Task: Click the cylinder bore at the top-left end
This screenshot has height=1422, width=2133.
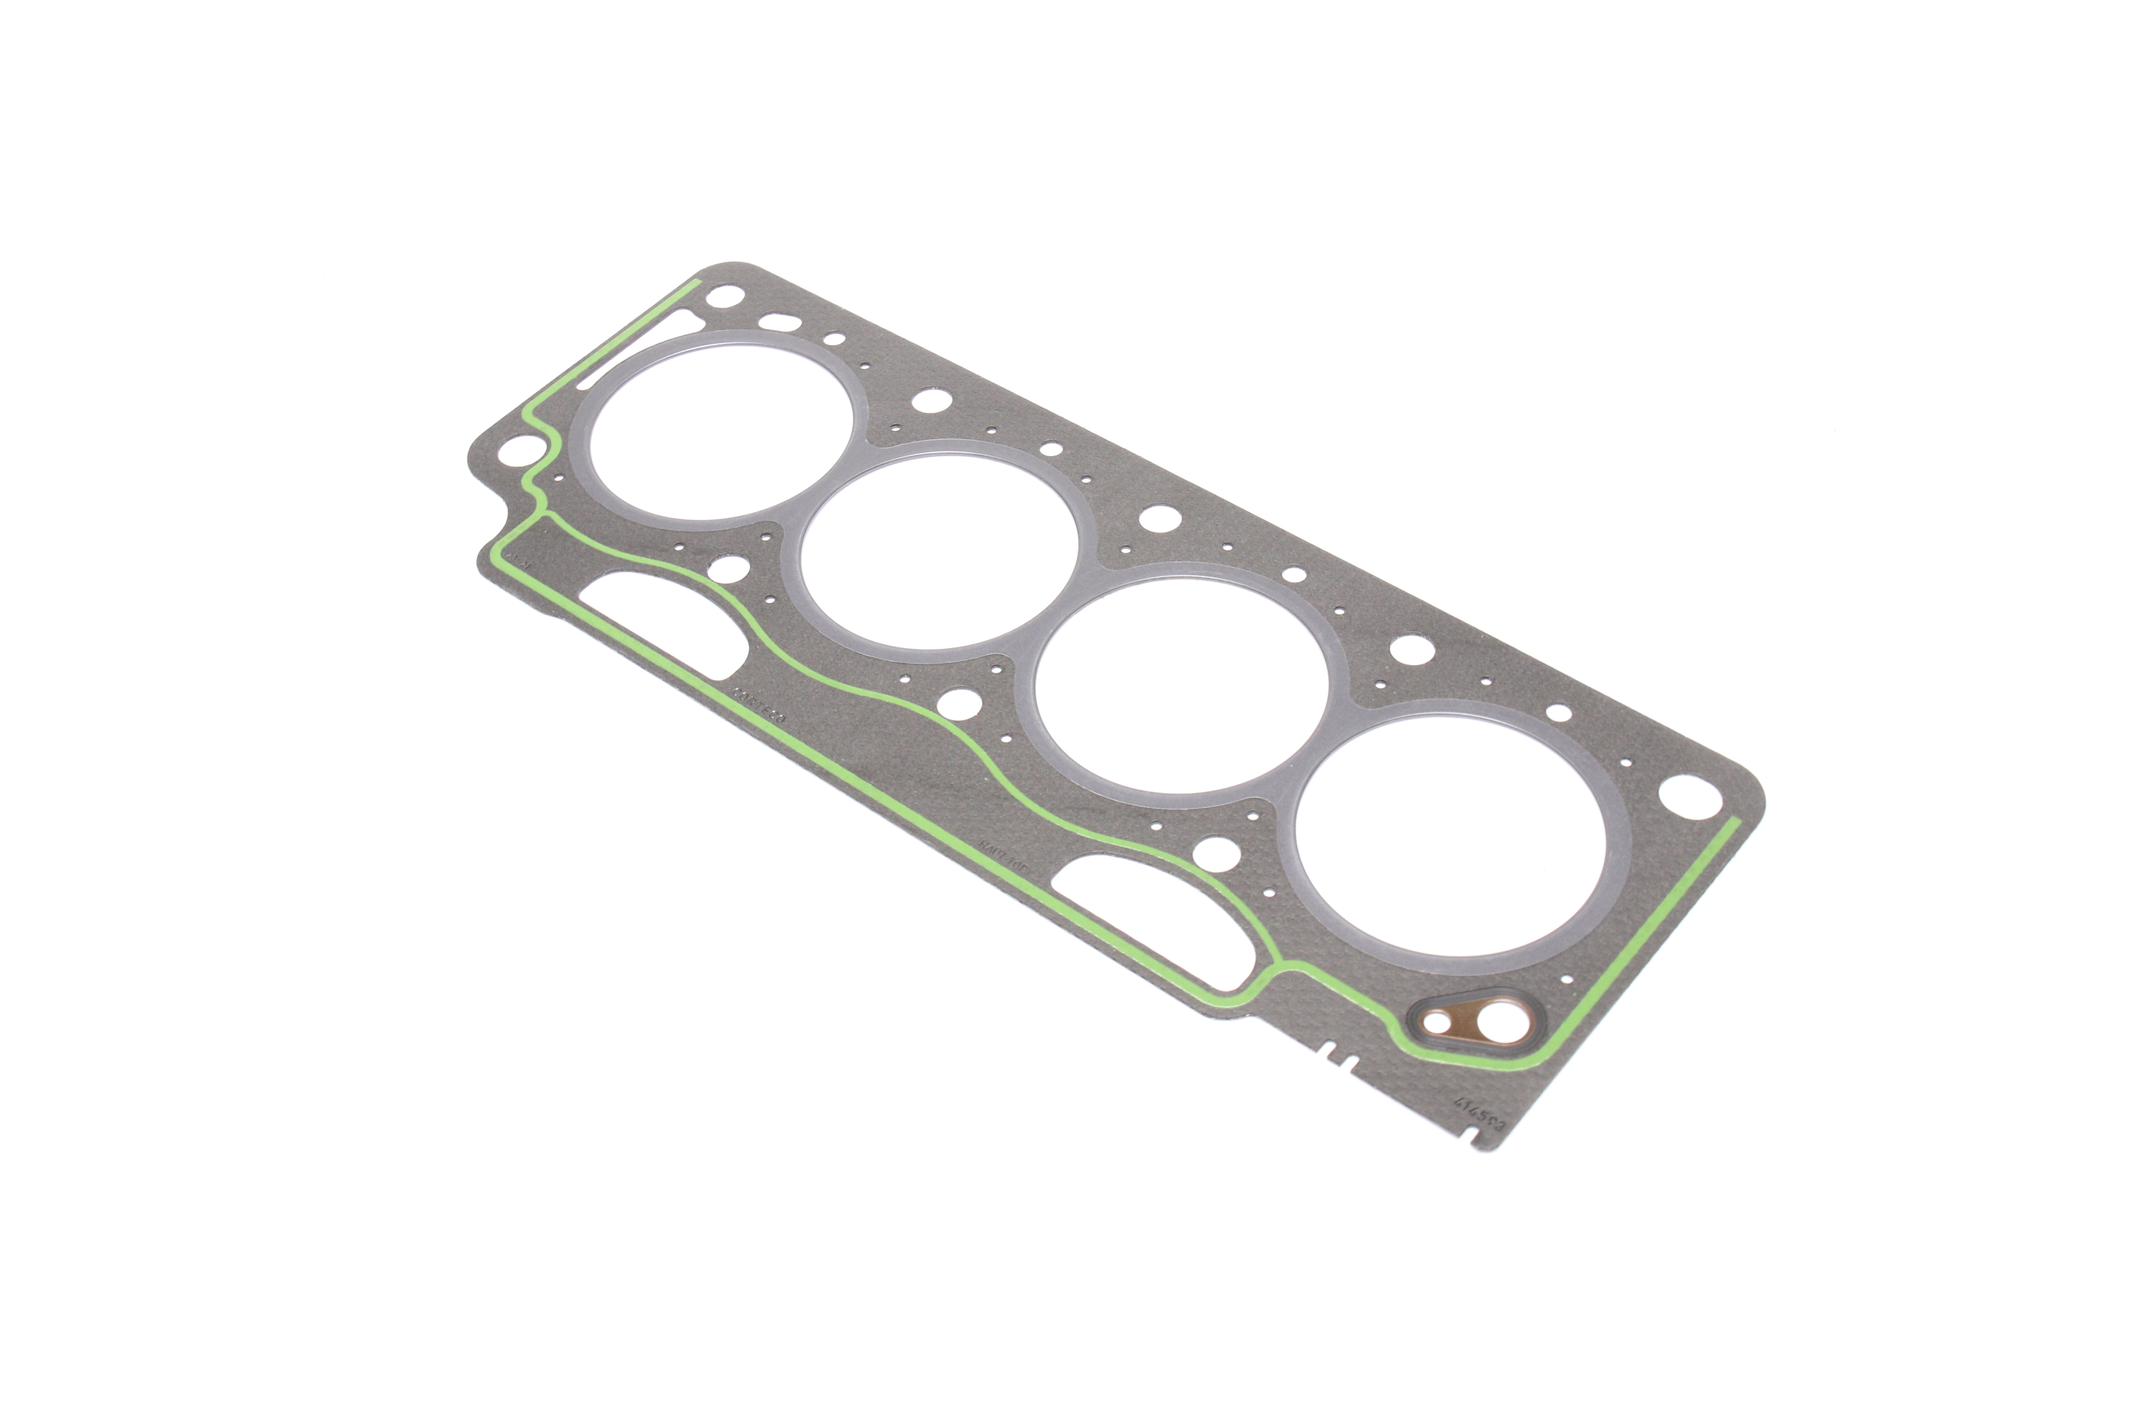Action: pyautogui.click(x=721, y=426)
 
